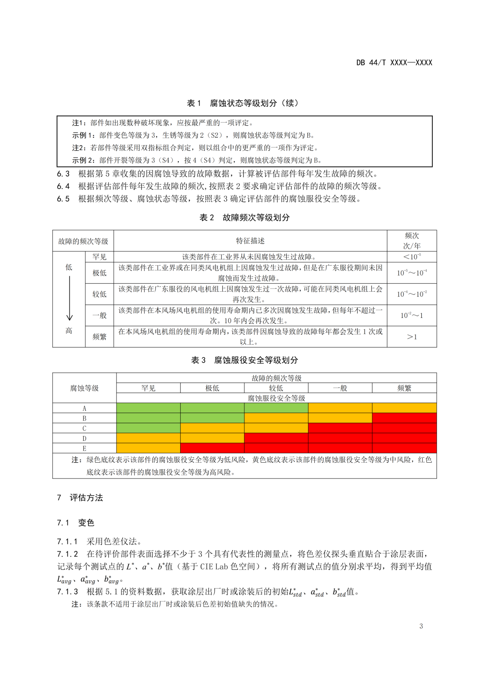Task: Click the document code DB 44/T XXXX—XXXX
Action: pyautogui.click(x=394, y=63)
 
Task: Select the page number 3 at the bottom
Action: pyautogui.click(x=421, y=626)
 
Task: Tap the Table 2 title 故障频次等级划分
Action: pyautogui.click(x=245, y=217)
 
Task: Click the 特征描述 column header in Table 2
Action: pyautogui.click(x=250, y=241)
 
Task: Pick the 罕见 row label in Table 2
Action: pyautogui.click(x=100, y=257)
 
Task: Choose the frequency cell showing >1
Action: pyautogui.click(x=412, y=337)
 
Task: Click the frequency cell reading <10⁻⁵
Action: pyautogui.click(x=412, y=257)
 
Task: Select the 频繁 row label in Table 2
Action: pyautogui.click(x=100, y=337)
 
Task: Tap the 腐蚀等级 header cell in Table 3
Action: pyautogui.click(x=84, y=388)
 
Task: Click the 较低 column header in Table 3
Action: pyautogui.click(x=276, y=388)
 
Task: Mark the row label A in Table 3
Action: pyautogui.click(x=84, y=408)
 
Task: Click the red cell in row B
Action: pyautogui.click(x=404, y=418)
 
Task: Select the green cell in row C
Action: pyautogui.click(x=148, y=428)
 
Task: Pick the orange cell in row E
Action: pyautogui.click(x=148, y=448)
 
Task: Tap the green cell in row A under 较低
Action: pyautogui.click(x=276, y=408)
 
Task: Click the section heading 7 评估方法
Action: pyautogui.click(x=80, y=498)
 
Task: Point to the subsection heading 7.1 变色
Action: pyautogui.click(x=75, y=523)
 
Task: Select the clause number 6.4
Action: pyautogui.click(x=63, y=186)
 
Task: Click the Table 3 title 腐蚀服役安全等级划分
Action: pyautogui.click(x=244, y=360)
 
